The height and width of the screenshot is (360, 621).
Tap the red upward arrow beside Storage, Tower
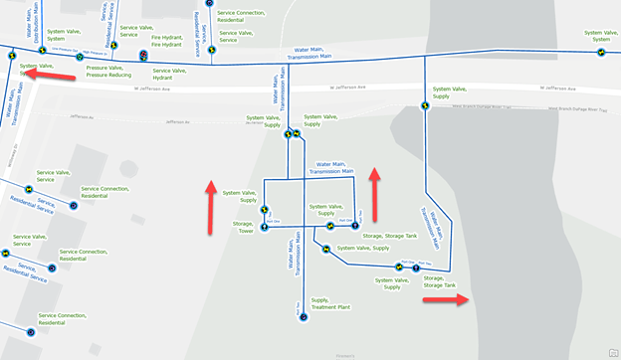click(211, 208)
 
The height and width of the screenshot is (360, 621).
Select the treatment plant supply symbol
click(303, 317)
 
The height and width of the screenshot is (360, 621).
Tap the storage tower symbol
click(265, 228)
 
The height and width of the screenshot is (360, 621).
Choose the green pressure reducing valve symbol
click(80, 58)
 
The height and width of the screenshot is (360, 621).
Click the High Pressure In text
click(96, 52)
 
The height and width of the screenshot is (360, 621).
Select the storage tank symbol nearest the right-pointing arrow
click(415, 269)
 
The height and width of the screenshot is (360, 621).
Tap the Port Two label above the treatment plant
click(299, 307)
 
